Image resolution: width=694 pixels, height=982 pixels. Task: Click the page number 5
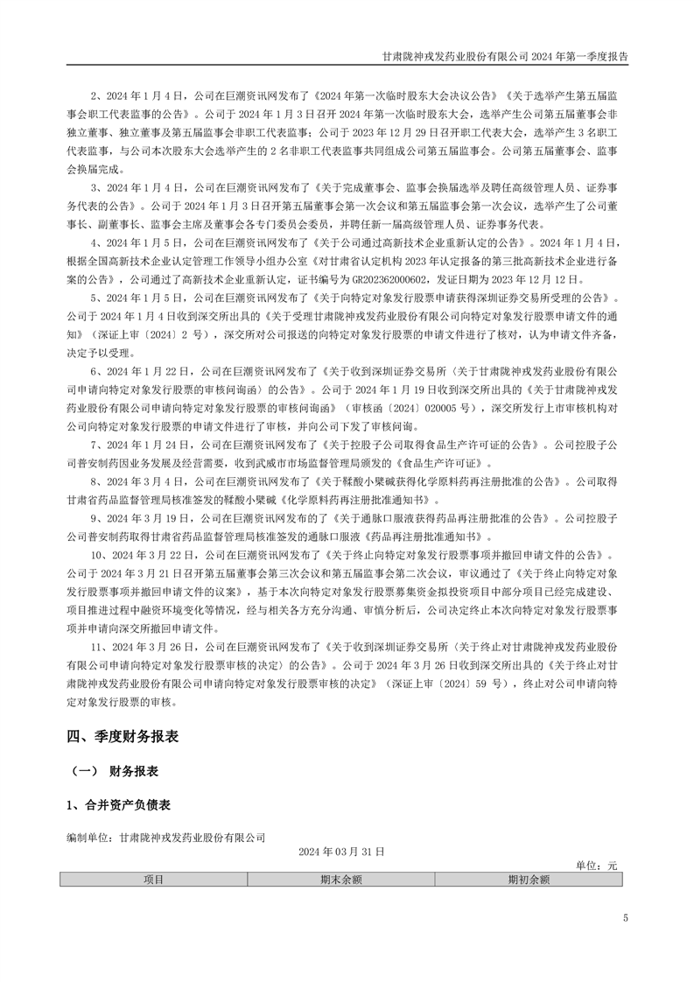pyautogui.click(x=625, y=918)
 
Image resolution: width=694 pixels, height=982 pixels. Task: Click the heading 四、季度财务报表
pyautogui.click(x=123, y=737)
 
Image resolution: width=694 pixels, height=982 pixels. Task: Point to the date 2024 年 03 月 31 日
pyautogui.click(x=341, y=851)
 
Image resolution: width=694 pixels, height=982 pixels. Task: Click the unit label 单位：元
pyautogui.click(x=596, y=866)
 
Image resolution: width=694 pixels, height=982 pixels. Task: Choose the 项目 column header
pyautogui.click(x=153, y=880)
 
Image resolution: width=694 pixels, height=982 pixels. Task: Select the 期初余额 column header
pyautogui.click(x=529, y=880)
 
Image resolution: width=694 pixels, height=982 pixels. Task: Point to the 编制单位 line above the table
pyautogui.click(x=165, y=838)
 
